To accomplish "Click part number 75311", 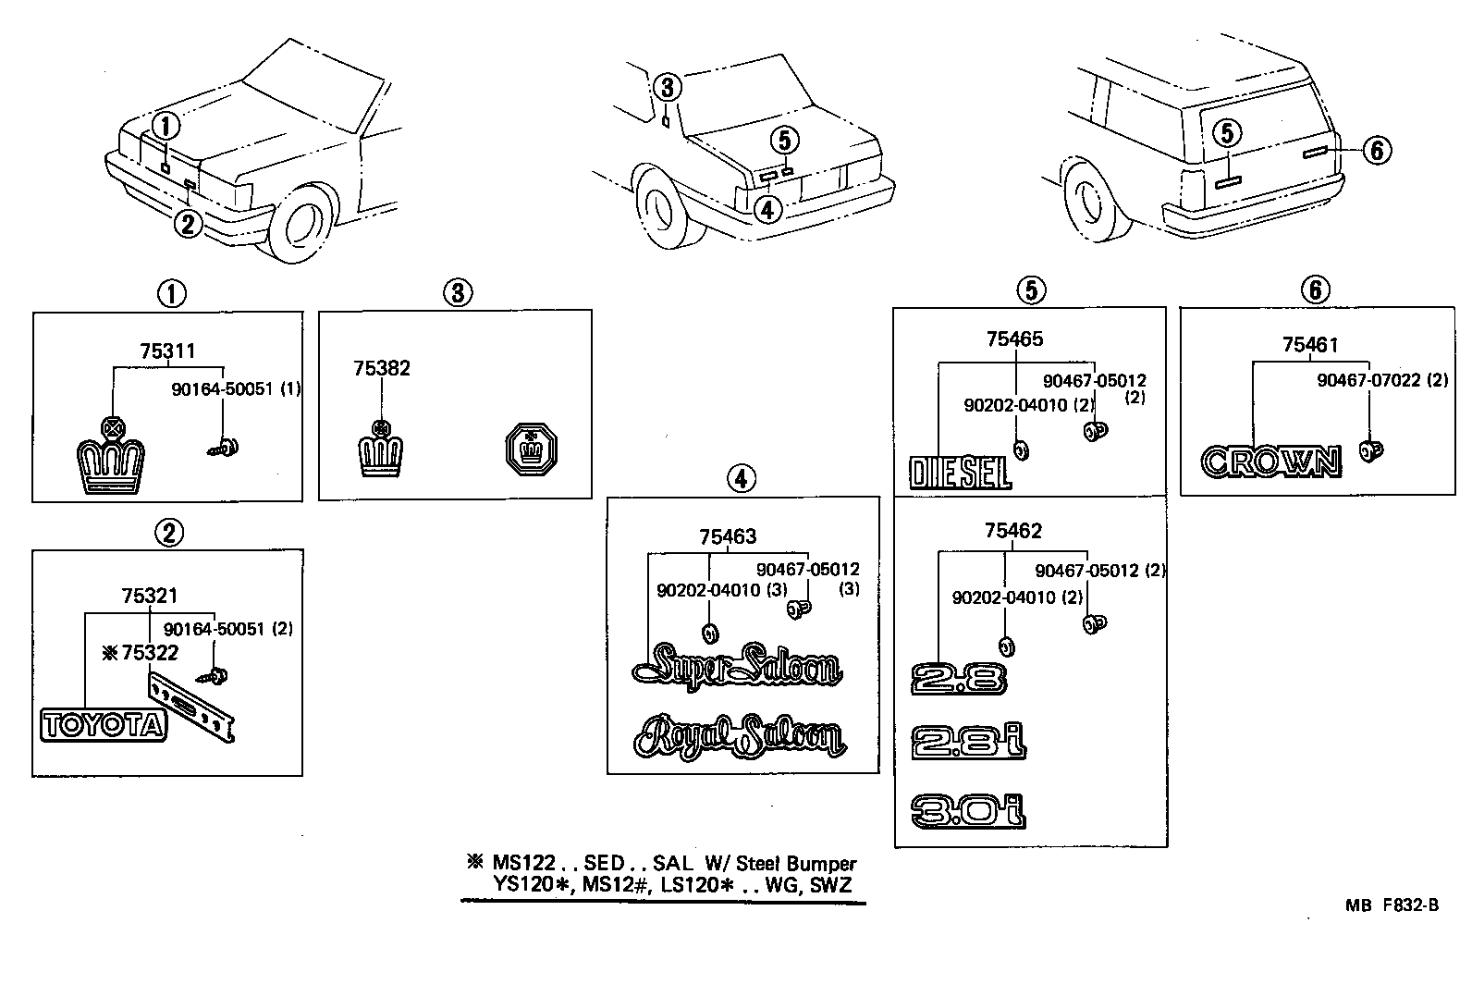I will (x=167, y=351).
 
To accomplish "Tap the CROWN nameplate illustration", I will (x=1270, y=462).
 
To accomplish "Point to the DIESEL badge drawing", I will (x=960, y=473).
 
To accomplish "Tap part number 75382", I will (x=381, y=368).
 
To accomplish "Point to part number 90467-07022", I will (x=1372, y=380).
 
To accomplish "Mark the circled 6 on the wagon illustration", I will (x=1376, y=149).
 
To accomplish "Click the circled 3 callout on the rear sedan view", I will (x=669, y=88).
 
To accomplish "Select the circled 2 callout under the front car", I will (x=188, y=224).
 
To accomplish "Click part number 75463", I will (x=728, y=536).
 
